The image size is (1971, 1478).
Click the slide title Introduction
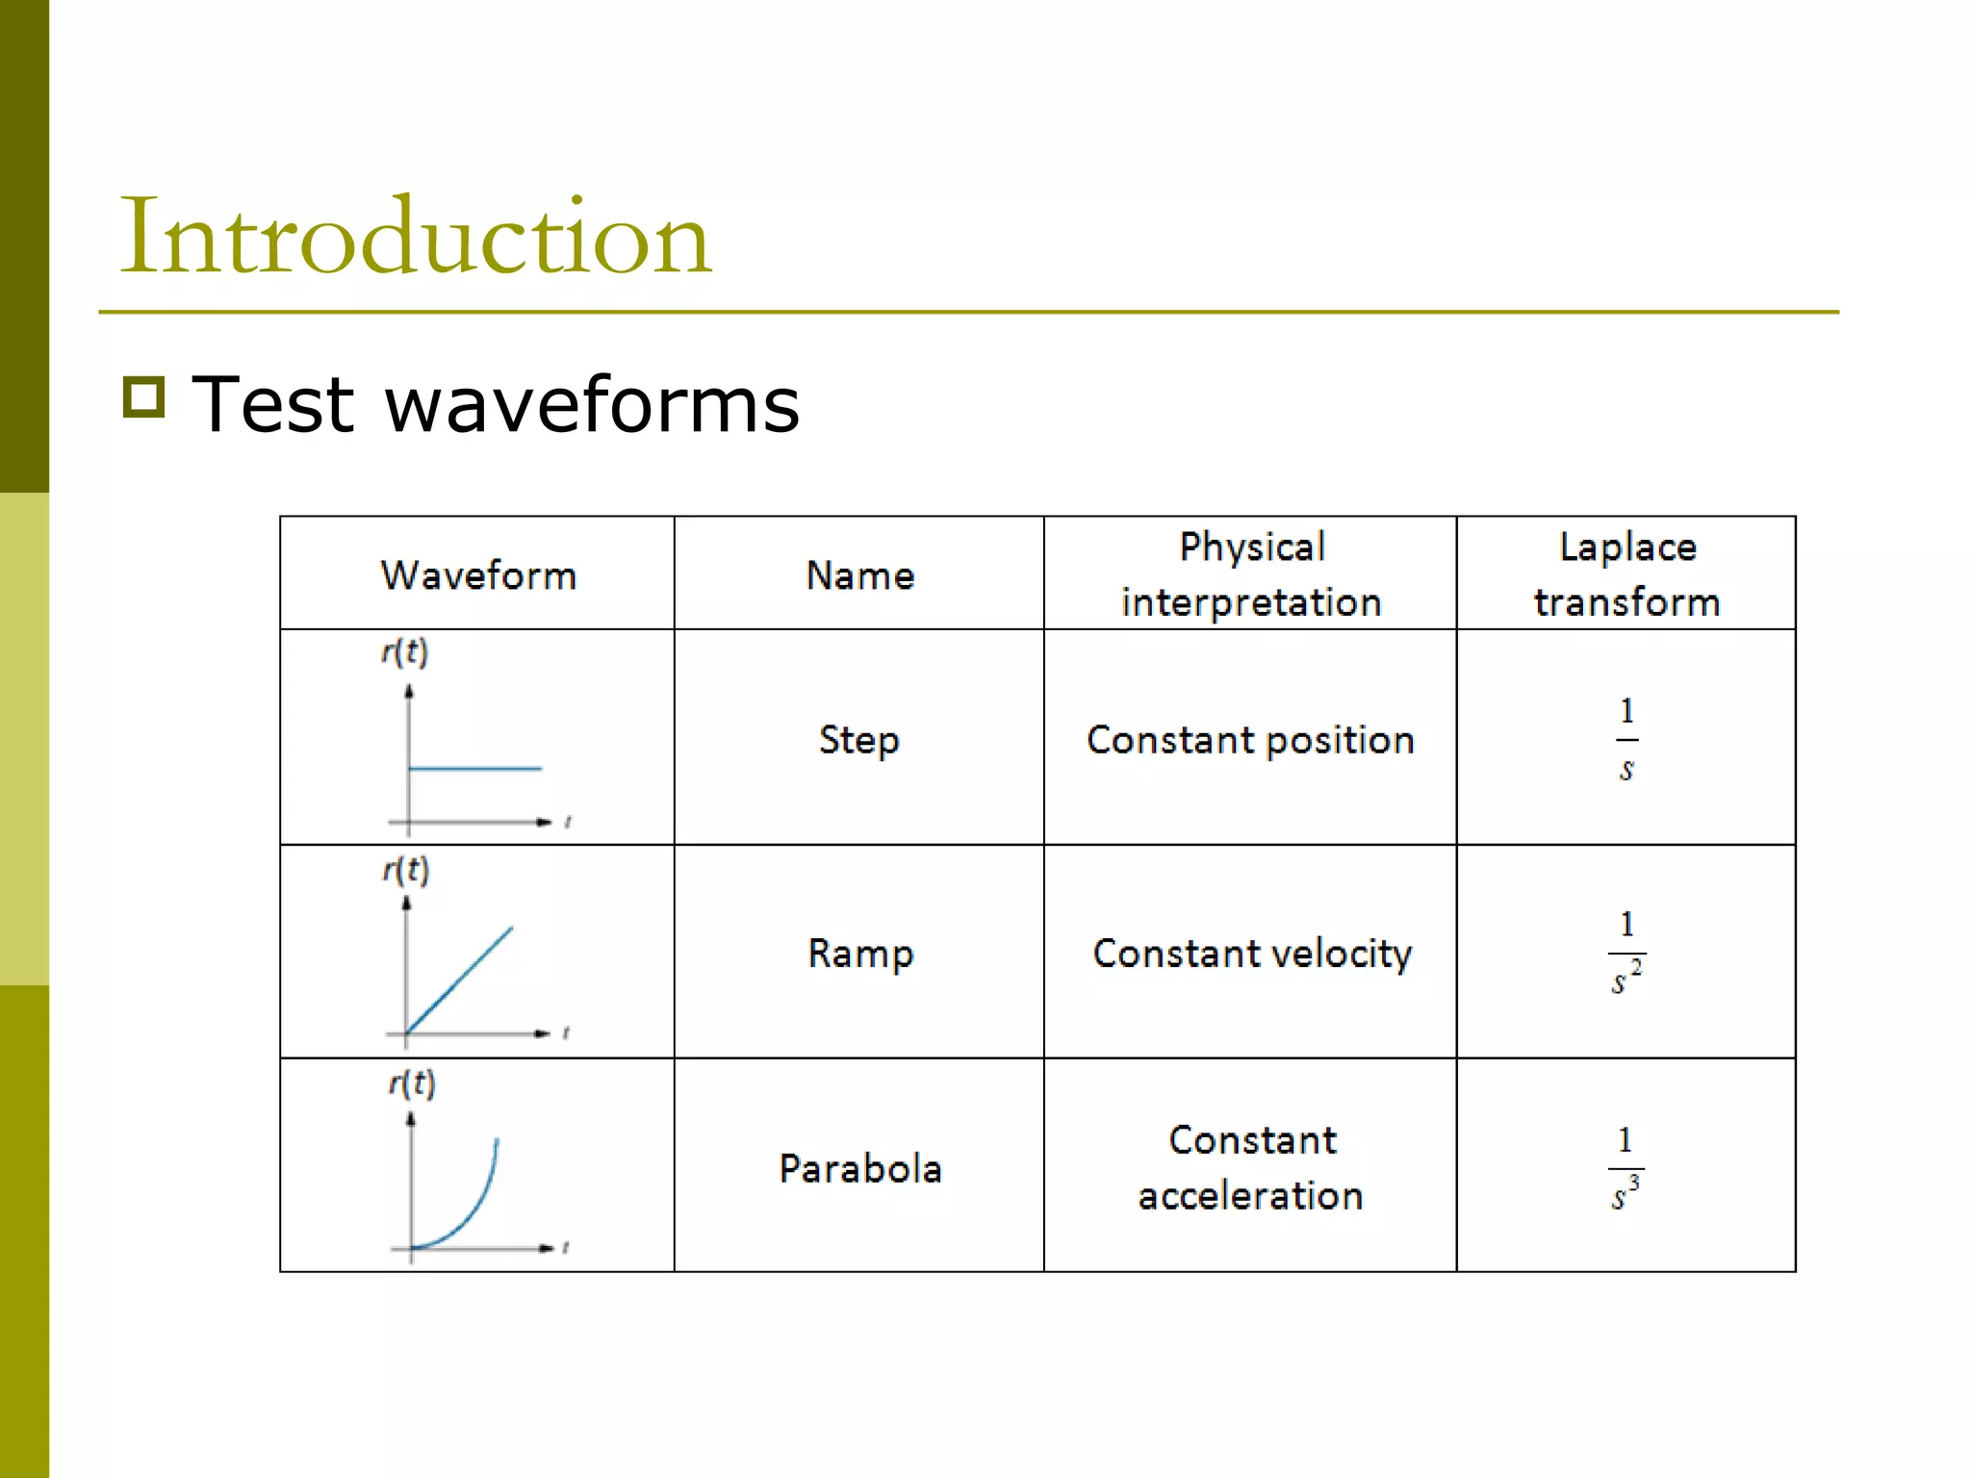[415, 237]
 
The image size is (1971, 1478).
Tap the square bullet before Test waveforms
[144, 396]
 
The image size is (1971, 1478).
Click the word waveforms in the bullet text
[592, 405]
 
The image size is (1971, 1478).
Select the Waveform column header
[478, 575]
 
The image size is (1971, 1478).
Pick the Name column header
[859, 575]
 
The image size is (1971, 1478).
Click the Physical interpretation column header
[1251, 574]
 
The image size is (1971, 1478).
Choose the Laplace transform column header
[1626, 574]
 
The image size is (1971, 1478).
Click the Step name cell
[859, 740]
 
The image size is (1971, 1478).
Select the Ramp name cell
[859, 954]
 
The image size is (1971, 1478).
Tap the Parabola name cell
[859, 1168]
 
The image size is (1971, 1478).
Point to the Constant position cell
[1250, 740]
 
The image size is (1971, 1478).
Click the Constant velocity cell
[1251, 954]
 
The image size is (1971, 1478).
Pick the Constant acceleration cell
[1251, 1168]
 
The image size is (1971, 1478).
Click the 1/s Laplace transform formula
[1626, 740]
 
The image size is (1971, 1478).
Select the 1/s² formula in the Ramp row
[1626, 954]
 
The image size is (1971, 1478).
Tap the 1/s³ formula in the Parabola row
[1626, 1168]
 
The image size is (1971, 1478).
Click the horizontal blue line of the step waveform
[475, 768]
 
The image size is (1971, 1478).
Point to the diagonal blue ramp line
[459, 980]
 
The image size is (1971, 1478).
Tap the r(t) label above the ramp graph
[405, 870]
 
